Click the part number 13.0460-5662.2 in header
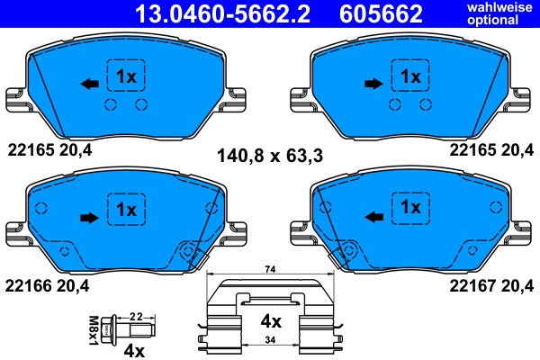pyautogui.click(x=222, y=13)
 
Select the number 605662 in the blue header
pyautogui.click(x=381, y=13)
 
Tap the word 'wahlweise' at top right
pyautogui.click(x=499, y=7)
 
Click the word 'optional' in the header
pyautogui.click(x=493, y=20)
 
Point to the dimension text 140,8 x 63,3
pyautogui.click(x=270, y=156)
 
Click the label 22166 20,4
pyautogui.click(x=47, y=285)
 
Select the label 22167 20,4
pyautogui.click(x=491, y=285)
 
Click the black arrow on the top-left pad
pyautogui.click(x=89, y=84)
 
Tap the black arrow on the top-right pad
pyautogui.click(x=373, y=84)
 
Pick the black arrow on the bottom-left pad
pyautogui.click(x=89, y=218)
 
